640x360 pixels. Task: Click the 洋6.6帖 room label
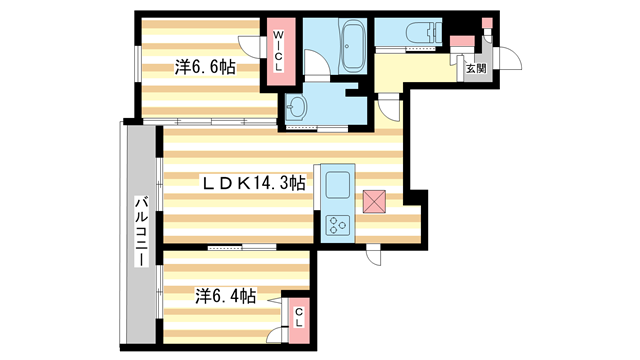point(204,67)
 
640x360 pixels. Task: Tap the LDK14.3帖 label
point(254,183)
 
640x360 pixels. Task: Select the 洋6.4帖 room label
point(225,297)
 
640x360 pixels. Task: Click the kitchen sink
point(336,185)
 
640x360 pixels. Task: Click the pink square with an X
point(376,201)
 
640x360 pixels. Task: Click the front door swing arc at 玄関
point(510,60)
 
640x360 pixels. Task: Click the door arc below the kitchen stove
point(374,254)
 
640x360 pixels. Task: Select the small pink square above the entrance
point(487,21)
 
